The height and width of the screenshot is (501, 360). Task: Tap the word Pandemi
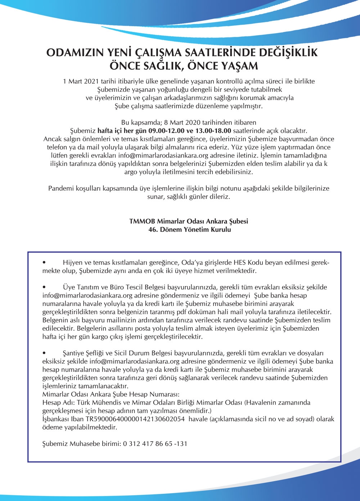60,188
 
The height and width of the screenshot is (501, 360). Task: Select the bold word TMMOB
142,221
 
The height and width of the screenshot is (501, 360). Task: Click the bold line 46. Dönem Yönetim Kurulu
189,229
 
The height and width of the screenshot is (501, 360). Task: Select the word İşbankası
55,419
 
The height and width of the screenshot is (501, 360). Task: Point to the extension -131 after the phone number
181,443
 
